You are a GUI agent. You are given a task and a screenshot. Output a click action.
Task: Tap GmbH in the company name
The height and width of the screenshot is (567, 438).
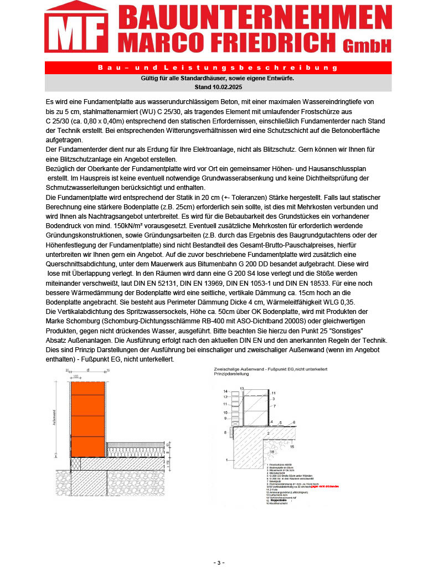coord(367,44)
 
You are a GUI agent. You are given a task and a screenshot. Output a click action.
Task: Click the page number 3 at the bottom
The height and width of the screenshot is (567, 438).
coord(219,563)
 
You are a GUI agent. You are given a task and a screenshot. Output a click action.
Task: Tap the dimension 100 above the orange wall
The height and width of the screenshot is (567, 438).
coord(86,376)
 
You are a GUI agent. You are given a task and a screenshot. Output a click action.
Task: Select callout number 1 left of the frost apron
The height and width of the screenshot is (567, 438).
coord(227,460)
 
